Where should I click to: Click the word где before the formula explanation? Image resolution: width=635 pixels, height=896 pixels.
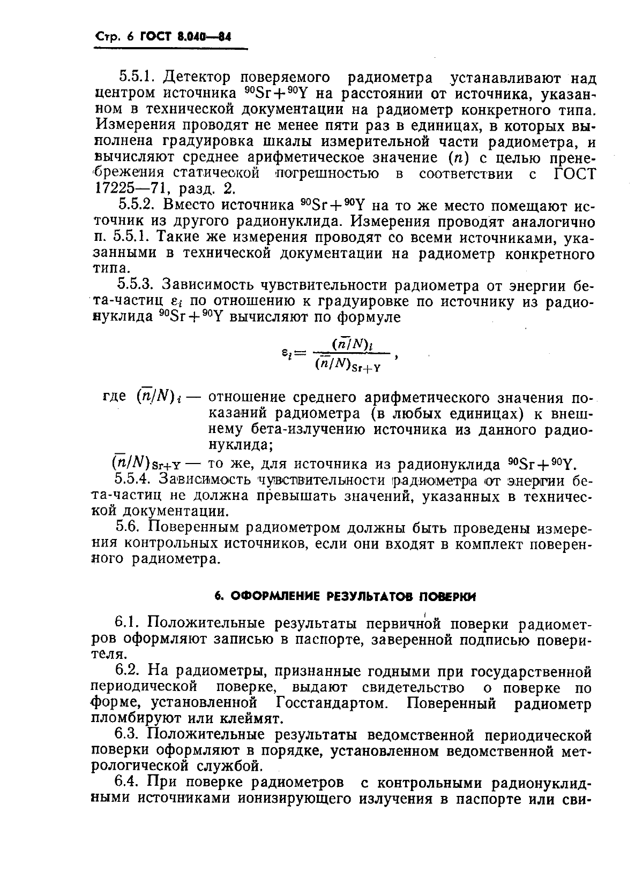click(x=114, y=397)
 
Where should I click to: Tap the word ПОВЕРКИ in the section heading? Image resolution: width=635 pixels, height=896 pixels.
click(x=445, y=596)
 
